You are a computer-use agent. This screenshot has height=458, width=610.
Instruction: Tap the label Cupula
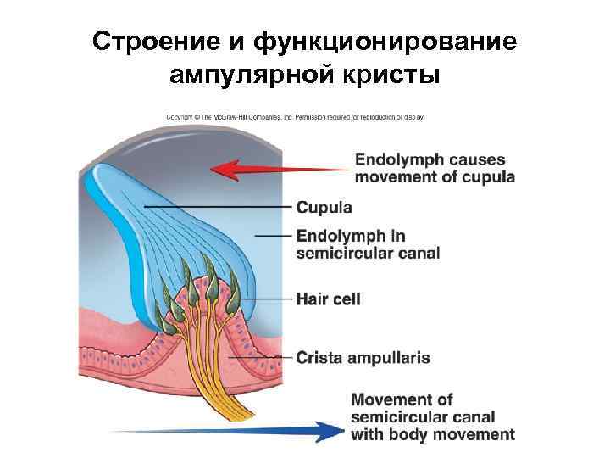tap(324, 207)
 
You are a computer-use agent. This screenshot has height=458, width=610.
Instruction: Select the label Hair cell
tap(328, 299)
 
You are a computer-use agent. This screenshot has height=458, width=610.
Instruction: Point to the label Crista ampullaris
tap(363, 357)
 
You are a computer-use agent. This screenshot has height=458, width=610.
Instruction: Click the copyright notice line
tap(293, 117)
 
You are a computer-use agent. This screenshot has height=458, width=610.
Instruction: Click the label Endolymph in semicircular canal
tap(368, 243)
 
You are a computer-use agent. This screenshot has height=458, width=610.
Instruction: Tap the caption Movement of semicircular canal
tap(432, 416)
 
